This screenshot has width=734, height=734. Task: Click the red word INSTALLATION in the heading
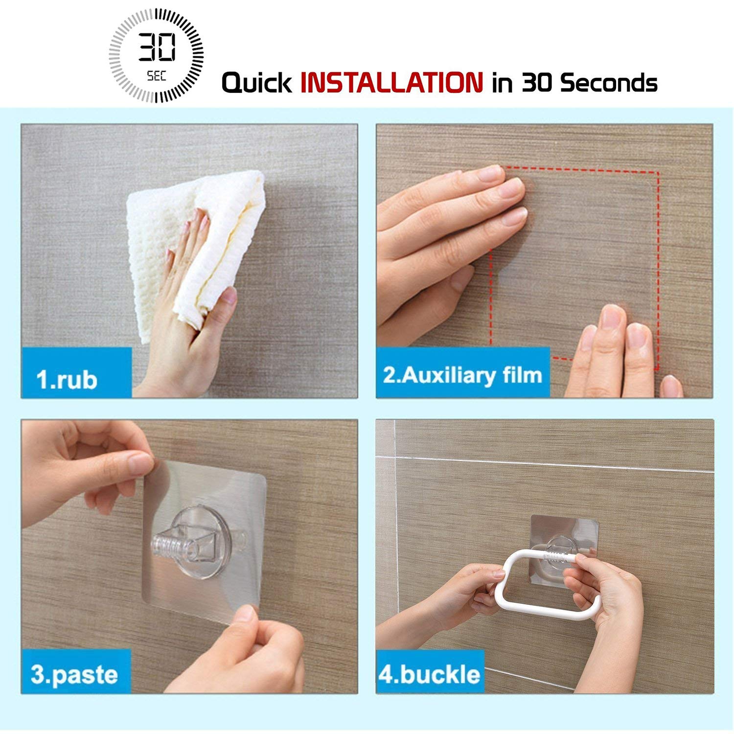coord(391,82)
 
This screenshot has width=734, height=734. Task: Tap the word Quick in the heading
coord(257,82)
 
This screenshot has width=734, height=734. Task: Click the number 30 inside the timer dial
coord(157,47)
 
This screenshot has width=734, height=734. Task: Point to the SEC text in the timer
coord(157,76)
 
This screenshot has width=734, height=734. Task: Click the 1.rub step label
coord(67,380)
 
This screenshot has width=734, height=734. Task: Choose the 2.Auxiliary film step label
coord(462,375)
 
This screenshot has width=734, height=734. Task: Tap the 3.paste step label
coord(74,674)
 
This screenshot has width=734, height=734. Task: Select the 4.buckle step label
coord(429,674)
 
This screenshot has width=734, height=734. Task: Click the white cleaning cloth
coord(196,250)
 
